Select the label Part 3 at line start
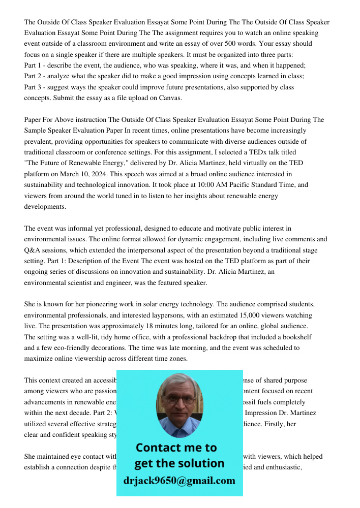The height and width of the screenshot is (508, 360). point(33,87)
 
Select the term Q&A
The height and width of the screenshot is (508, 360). point(33,250)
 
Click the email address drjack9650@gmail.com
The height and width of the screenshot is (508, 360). point(179,481)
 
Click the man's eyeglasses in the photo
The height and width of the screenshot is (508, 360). point(179,399)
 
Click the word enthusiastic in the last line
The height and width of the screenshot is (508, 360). point(280,467)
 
